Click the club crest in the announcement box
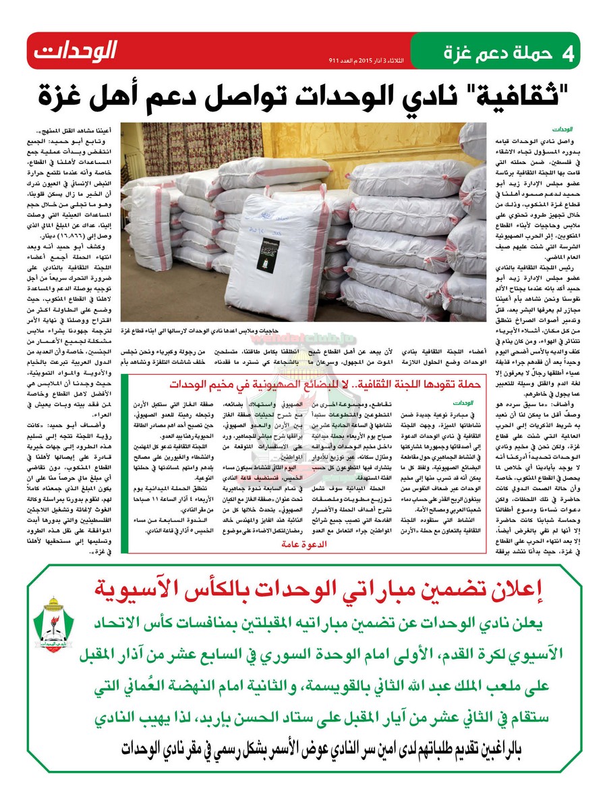click(x=51, y=624)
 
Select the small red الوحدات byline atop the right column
click(x=561, y=128)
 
